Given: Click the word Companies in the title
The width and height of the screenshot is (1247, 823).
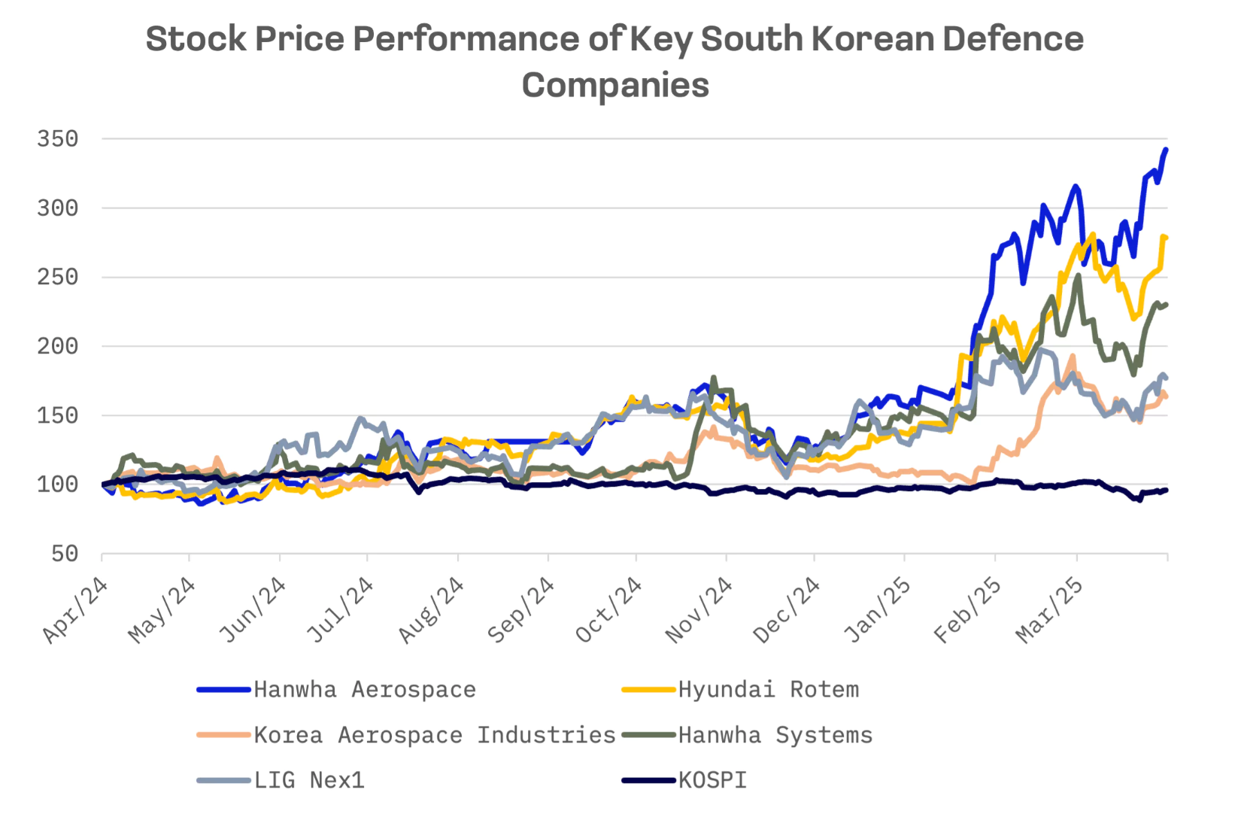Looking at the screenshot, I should click(615, 85).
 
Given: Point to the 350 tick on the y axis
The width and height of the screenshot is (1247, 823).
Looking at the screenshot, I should click(58, 139).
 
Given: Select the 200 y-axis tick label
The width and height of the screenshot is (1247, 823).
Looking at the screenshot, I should click(58, 346).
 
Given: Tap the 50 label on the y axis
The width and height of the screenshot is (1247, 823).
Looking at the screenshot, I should click(65, 554).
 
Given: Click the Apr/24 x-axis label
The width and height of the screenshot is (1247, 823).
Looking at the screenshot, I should click(75, 611).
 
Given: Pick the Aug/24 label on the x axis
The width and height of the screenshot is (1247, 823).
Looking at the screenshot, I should click(431, 611).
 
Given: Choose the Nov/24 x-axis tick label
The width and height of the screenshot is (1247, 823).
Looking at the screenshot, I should click(699, 611).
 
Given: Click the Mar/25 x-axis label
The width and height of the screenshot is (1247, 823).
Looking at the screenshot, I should click(1050, 611).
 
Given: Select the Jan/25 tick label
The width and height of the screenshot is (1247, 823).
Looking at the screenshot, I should click(877, 611).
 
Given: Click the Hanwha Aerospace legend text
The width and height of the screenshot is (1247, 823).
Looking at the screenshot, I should click(364, 690).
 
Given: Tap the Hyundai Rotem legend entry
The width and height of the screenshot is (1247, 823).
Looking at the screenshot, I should click(768, 690).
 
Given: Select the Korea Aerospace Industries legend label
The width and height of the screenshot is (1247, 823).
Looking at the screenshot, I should click(434, 735).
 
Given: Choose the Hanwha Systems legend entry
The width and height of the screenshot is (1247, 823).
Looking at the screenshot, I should click(775, 735).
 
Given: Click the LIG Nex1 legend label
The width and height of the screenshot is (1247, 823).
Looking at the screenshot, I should click(308, 780).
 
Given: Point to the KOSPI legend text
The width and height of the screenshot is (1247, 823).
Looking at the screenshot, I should click(712, 780).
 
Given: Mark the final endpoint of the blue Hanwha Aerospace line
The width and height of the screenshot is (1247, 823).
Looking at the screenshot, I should click(1166, 150).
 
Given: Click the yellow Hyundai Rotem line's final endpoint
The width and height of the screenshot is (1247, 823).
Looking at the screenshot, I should click(1166, 238).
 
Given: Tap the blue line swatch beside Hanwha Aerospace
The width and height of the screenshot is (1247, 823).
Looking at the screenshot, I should click(223, 690).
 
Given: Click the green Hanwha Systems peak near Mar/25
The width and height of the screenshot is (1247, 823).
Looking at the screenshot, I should click(1079, 276).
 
